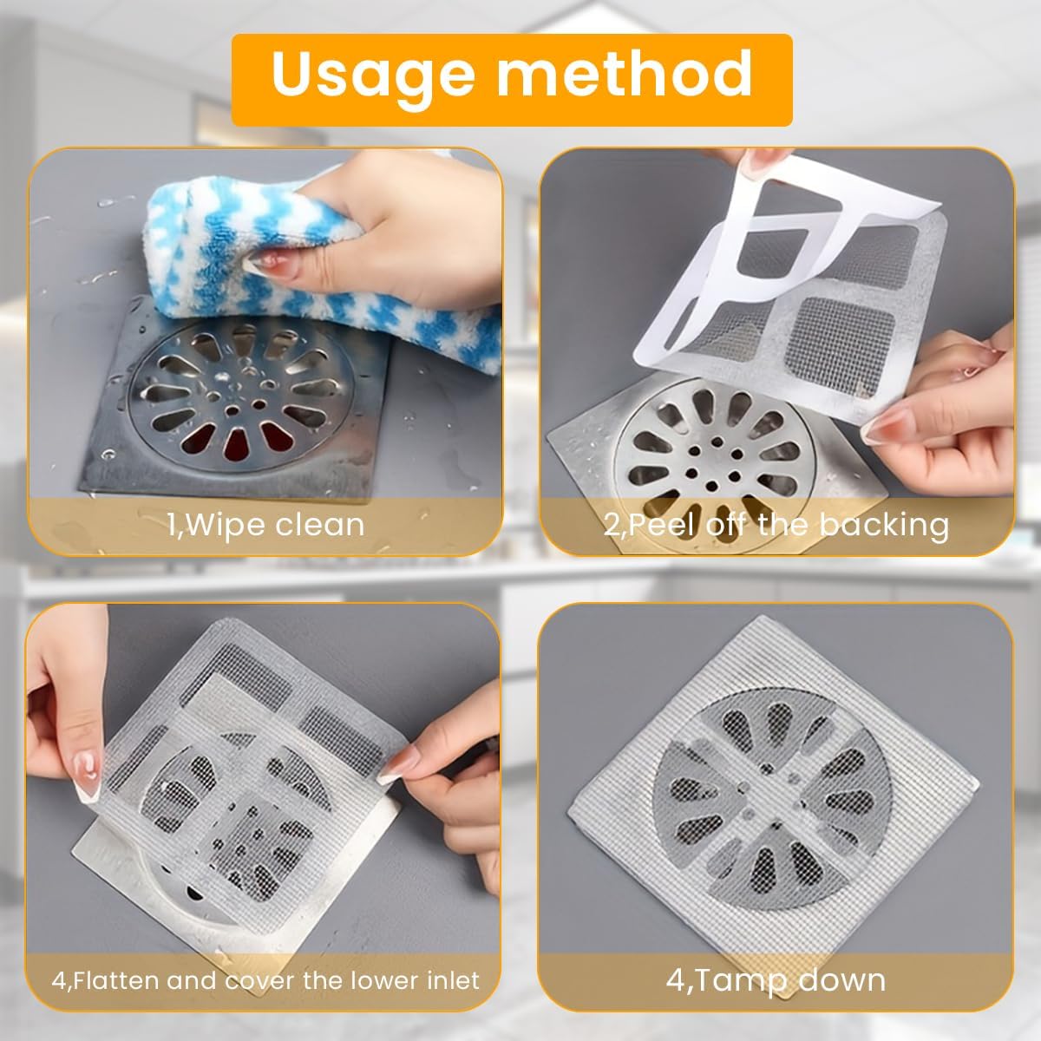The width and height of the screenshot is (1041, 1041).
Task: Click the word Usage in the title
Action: tap(375, 75)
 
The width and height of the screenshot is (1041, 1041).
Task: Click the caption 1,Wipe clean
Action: tap(265, 524)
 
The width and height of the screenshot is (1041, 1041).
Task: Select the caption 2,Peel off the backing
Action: tap(776, 524)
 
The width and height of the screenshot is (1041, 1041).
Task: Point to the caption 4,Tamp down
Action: tap(776, 980)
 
